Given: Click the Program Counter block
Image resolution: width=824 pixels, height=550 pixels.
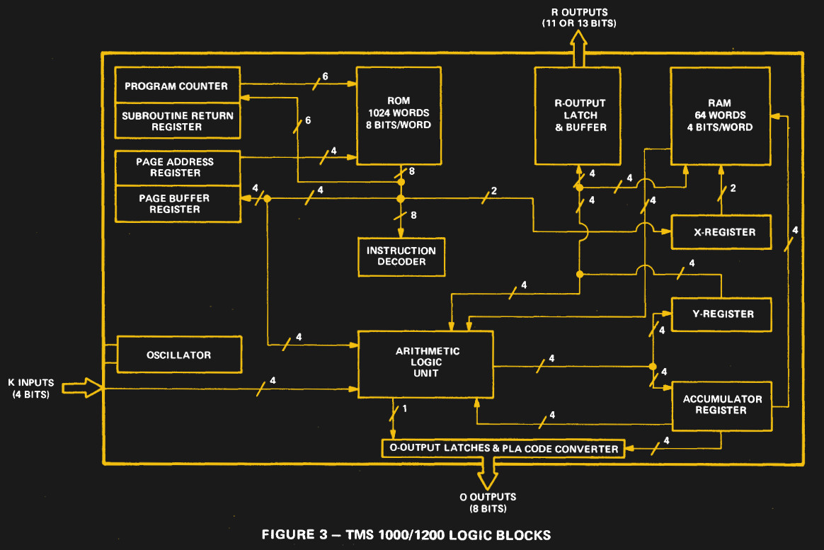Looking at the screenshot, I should tap(177, 86).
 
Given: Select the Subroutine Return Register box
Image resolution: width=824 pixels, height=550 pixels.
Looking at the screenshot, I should tap(177, 121).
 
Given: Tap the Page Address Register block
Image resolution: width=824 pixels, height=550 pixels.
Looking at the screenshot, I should tap(175, 167).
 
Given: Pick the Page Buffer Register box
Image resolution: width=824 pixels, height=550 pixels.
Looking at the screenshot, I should tap(175, 204).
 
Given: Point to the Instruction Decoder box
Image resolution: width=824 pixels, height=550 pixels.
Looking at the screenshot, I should tap(401, 256).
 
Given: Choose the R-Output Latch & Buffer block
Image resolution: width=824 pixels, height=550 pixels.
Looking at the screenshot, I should tap(580, 115).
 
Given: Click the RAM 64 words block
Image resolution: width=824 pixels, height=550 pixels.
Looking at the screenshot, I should tap(720, 115).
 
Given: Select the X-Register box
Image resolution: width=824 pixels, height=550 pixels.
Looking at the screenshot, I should tap(721, 231).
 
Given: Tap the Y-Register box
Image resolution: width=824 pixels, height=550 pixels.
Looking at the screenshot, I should tap(721, 314).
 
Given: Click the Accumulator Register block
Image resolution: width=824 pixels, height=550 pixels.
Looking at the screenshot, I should tap(721, 405).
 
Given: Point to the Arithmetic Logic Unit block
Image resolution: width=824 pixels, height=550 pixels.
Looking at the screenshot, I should tap(427, 362).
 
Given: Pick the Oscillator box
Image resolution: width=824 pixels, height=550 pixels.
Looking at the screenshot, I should tap(179, 355).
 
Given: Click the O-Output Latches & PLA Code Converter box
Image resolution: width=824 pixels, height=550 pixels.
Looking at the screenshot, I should tap(503, 449).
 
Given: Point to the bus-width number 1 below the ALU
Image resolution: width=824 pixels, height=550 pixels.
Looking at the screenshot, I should tap(404, 408).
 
